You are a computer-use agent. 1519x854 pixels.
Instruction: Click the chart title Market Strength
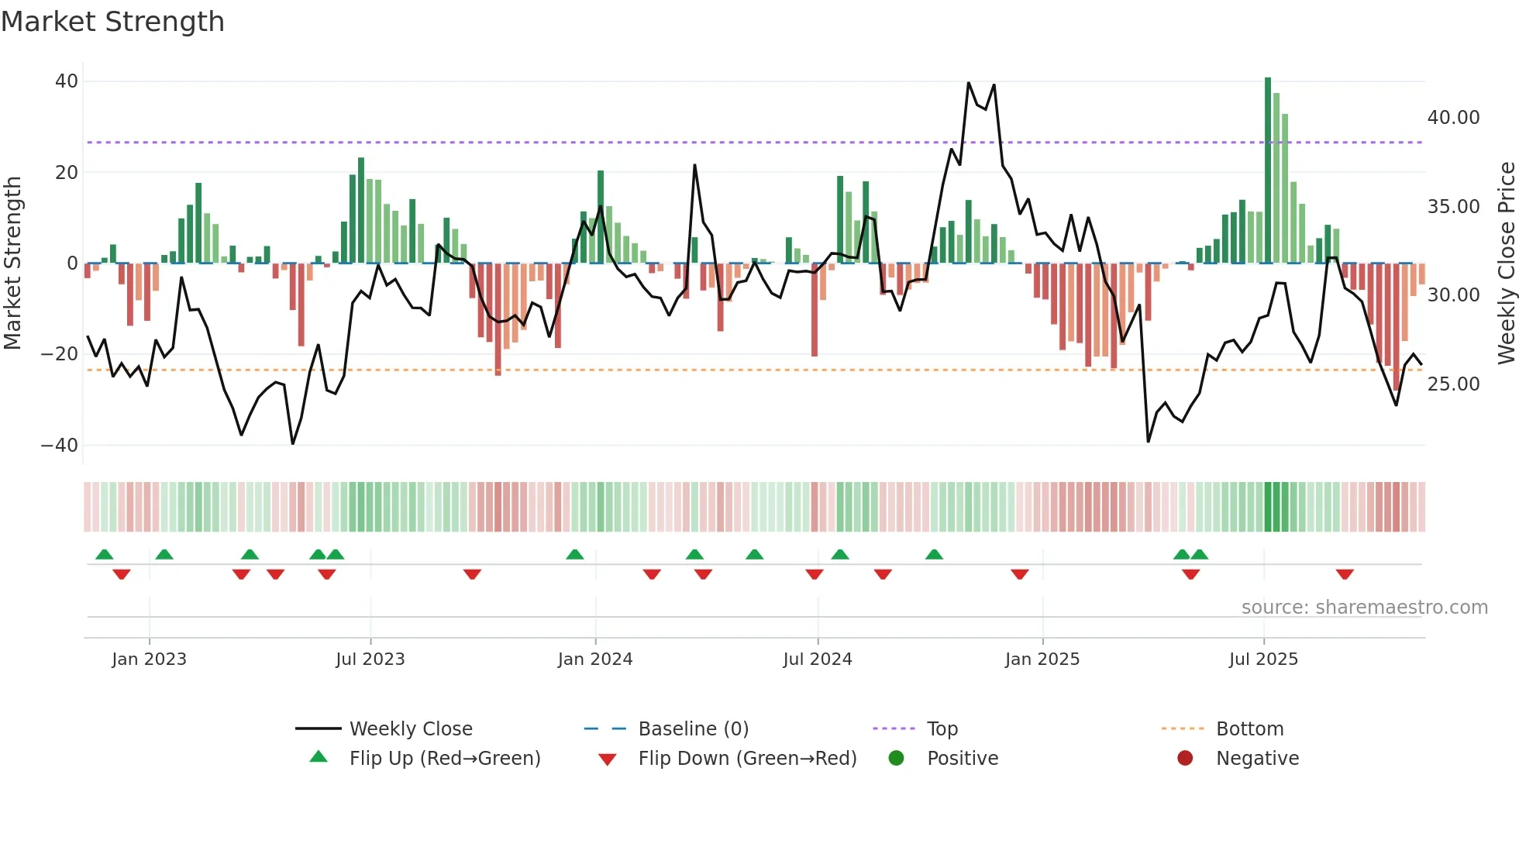point(112,22)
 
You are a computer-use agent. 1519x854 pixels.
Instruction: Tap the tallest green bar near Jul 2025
point(1268,170)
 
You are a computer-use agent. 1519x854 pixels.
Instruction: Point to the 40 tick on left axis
point(67,81)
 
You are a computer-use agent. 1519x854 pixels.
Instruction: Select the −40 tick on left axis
point(60,446)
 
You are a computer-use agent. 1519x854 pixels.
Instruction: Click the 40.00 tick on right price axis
point(1453,118)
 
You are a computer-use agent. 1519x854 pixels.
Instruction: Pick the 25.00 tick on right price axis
point(1453,384)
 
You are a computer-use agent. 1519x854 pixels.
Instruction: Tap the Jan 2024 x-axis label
point(594,659)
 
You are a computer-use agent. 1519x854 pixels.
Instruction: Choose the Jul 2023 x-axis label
point(370,659)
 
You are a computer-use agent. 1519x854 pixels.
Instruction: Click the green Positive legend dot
point(896,759)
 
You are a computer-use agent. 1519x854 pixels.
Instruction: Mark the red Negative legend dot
point(1184,759)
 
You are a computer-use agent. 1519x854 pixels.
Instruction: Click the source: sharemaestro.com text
point(1364,608)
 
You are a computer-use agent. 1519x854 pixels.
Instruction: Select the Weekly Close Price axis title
point(1506,263)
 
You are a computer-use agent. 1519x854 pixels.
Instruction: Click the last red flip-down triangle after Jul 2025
point(1345,574)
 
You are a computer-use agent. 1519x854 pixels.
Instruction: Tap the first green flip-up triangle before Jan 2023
point(105,554)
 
